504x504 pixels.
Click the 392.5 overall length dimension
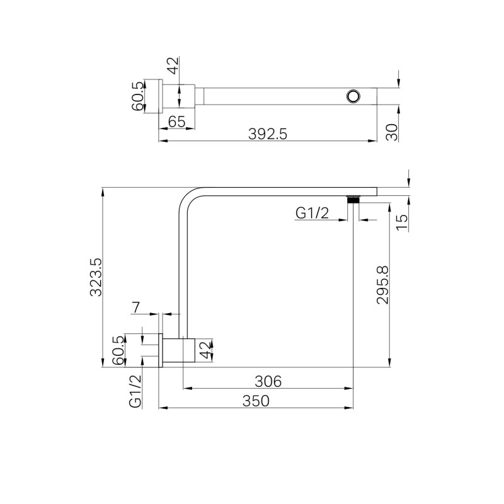267,134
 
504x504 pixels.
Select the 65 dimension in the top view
177,122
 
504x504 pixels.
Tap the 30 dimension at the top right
392,132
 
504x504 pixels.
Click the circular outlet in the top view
353,96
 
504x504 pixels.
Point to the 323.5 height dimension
96,277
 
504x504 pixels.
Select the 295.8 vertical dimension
382,285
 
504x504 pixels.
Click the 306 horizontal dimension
268,382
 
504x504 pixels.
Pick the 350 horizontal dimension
256,401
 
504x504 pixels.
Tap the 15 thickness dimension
402,222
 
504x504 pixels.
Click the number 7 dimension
136,307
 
